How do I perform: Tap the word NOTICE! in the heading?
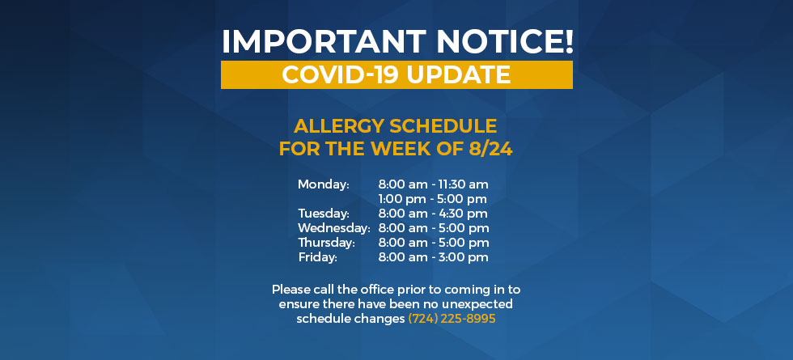pos(505,41)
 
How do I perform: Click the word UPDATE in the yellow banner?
pos(458,74)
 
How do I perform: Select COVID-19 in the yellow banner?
pos(341,74)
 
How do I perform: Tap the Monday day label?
pos(324,184)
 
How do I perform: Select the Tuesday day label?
pos(324,214)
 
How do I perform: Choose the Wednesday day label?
pos(333,228)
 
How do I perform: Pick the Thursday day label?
pos(326,244)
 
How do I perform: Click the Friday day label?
pos(317,257)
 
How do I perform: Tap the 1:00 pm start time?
pos(402,199)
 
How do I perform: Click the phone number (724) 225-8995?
pos(452,319)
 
